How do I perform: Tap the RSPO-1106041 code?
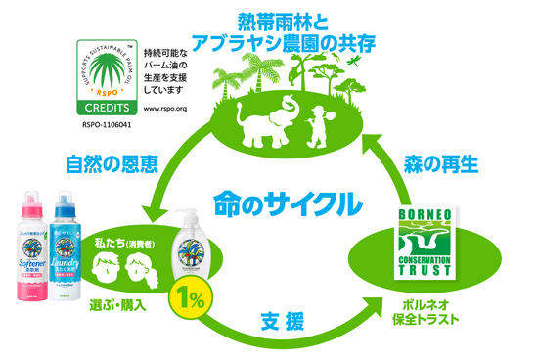[99, 123]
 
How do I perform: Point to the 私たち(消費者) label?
[124, 237]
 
